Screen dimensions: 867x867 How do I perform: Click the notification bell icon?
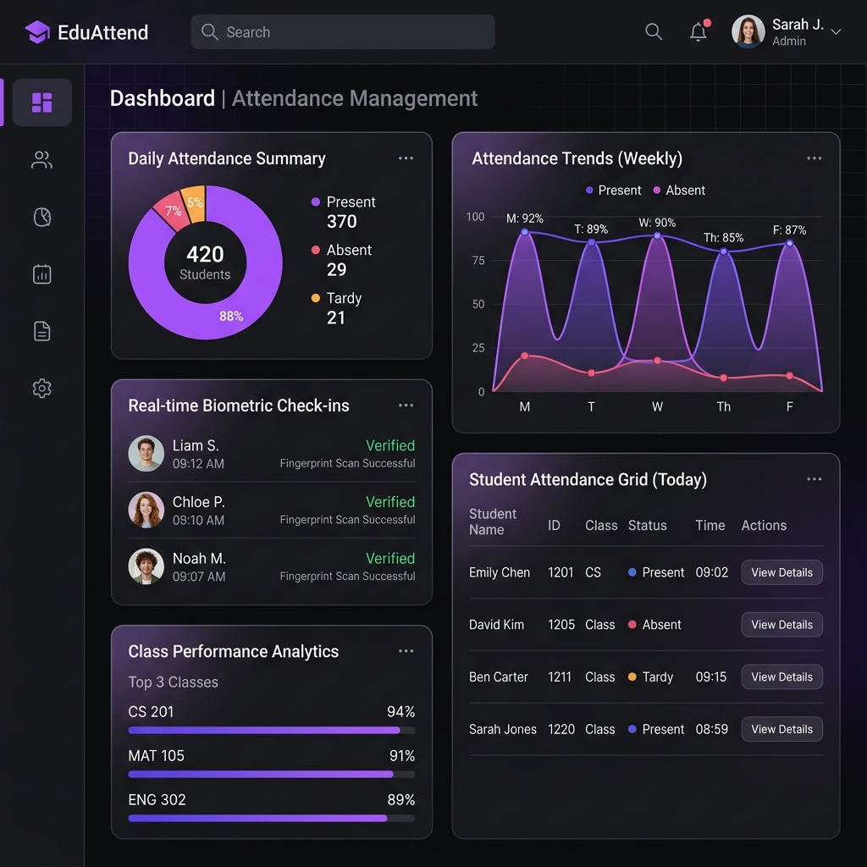[699, 31]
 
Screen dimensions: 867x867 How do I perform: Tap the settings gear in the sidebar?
[42, 388]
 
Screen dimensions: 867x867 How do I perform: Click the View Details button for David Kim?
[781, 624]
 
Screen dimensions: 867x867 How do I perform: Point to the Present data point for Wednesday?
[657, 236]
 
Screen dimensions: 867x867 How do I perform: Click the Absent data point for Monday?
[525, 356]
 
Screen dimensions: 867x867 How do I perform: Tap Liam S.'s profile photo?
[146, 454]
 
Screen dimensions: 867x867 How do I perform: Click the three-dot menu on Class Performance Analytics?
[406, 651]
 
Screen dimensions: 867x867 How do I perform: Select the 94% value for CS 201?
[400, 711]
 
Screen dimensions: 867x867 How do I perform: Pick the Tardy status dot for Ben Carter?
[632, 676]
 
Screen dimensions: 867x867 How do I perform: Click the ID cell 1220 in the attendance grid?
[561, 729]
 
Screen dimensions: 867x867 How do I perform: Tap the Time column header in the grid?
[710, 525]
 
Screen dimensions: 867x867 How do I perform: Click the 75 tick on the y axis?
[478, 261]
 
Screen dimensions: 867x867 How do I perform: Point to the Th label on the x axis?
[723, 407]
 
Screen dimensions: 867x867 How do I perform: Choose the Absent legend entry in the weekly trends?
[679, 191]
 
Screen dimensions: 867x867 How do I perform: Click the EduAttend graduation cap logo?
[37, 32]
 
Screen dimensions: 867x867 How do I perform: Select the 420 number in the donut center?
[205, 254]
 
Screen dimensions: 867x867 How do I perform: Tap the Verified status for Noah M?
[390, 559]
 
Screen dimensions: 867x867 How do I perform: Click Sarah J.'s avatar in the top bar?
[748, 31]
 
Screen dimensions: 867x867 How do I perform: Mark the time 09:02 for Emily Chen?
[711, 572]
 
